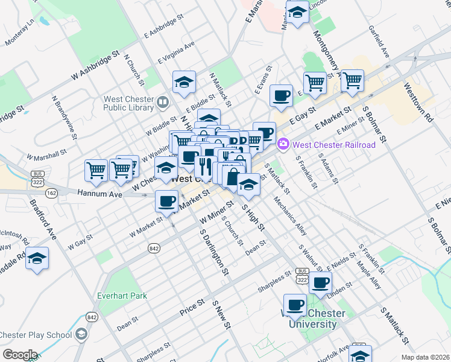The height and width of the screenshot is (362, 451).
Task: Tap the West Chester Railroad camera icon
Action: point(283,145)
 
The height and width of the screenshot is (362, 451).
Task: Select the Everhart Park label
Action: point(121,296)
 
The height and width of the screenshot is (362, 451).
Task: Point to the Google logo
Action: point(19,354)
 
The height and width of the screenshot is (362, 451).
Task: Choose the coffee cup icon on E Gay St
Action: point(281,95)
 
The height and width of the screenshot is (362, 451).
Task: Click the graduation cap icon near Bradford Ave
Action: point(37,259)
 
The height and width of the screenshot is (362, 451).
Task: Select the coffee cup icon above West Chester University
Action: point(295,305)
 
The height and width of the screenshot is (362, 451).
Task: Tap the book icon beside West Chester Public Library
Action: point(162,103)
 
